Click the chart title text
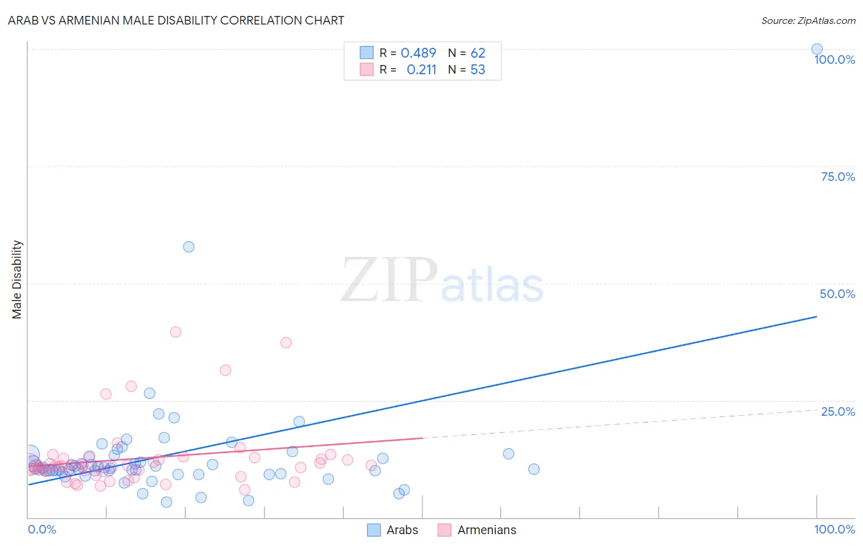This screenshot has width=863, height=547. click(176, 20)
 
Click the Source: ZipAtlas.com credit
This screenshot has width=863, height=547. click(808, 20)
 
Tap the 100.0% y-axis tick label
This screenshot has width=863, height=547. click(834, 59)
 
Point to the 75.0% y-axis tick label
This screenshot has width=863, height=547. click(838, 177)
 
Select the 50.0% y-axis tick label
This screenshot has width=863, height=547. click(837, 294)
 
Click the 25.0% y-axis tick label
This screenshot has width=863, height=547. click(838, 411)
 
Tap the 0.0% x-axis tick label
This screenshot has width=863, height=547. click(42, 529)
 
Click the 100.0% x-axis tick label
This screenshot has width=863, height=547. click(834, 529)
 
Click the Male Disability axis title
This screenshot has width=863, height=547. click(17, 280)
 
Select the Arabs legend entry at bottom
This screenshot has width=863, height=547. click(393, 530)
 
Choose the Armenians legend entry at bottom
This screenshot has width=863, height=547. click(478, 530)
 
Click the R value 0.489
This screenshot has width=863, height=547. click(418, 53)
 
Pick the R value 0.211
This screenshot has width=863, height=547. click(421, 69)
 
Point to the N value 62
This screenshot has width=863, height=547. click(478, 53)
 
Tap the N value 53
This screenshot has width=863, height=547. click(478, 69)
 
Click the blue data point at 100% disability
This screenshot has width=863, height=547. click(816, 49)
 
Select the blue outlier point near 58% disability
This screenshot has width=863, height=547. click(188, 247)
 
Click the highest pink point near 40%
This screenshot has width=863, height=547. click(176, 332)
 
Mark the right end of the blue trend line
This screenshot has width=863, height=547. click(816, 316)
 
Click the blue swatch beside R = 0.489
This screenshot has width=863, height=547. click(366, 53)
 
